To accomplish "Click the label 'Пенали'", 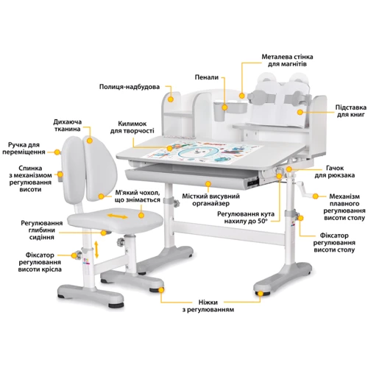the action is (207, 77).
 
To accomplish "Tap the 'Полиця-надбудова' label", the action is (130, 87).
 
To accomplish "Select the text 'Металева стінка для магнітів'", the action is (287, 60).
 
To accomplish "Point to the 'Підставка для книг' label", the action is (351, 111).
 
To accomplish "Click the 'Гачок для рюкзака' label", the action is (335, 171).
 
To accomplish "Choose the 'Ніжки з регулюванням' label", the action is (208, 306).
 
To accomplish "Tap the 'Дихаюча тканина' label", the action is (68, 125).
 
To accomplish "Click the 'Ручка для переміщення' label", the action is (24, 149).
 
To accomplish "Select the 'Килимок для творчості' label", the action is (132, 127).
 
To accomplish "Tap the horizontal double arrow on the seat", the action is (118, 216).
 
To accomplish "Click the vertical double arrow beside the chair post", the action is (96, 250).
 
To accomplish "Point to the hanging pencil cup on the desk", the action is (219, 112).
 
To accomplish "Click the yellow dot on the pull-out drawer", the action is (208, 184).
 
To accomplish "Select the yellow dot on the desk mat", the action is (170, 148).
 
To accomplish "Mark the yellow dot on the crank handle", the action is (316, 197).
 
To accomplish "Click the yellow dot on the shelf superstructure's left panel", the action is (171, 99).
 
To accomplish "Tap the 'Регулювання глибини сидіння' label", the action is (42, 230).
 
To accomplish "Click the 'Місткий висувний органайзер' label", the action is (210, 200).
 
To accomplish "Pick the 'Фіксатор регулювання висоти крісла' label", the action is (40, 262).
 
